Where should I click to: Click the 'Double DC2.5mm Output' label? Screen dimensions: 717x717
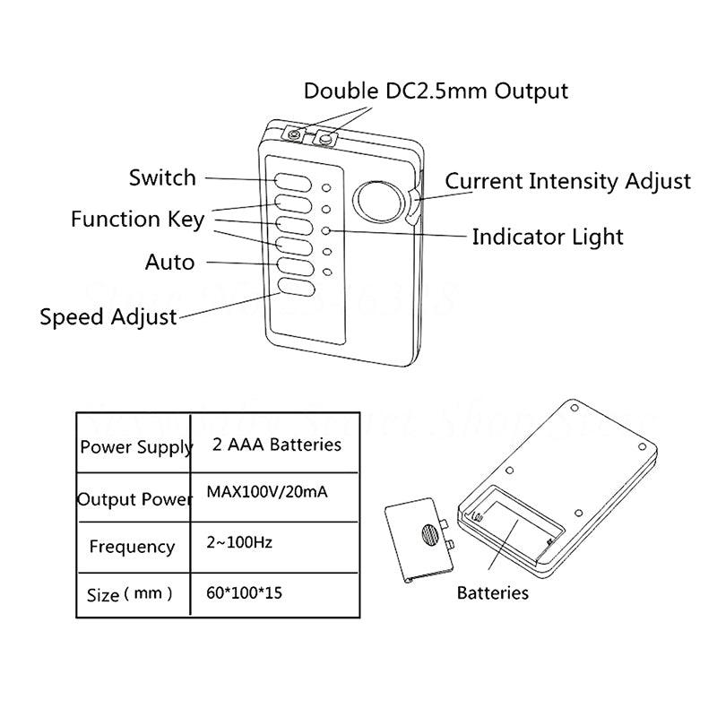[436, 91]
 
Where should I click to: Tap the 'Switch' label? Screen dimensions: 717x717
[162, 177]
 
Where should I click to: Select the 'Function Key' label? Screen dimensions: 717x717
[138, 219]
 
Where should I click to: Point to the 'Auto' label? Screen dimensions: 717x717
[169, 263]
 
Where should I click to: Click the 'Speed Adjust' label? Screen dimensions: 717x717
[108, 317]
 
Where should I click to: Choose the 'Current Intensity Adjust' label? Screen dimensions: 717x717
[568, 181]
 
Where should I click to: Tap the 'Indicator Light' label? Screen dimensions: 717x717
[547, 238]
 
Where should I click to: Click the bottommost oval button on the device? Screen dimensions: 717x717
[295, 288]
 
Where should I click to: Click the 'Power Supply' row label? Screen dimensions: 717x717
[136, 446]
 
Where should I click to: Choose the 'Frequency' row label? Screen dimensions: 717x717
[132, 546]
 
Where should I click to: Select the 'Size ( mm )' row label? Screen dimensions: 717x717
[131, 594]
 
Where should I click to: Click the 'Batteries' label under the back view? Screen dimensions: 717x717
[492, 592]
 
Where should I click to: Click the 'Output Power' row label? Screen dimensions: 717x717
[134, 498]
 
